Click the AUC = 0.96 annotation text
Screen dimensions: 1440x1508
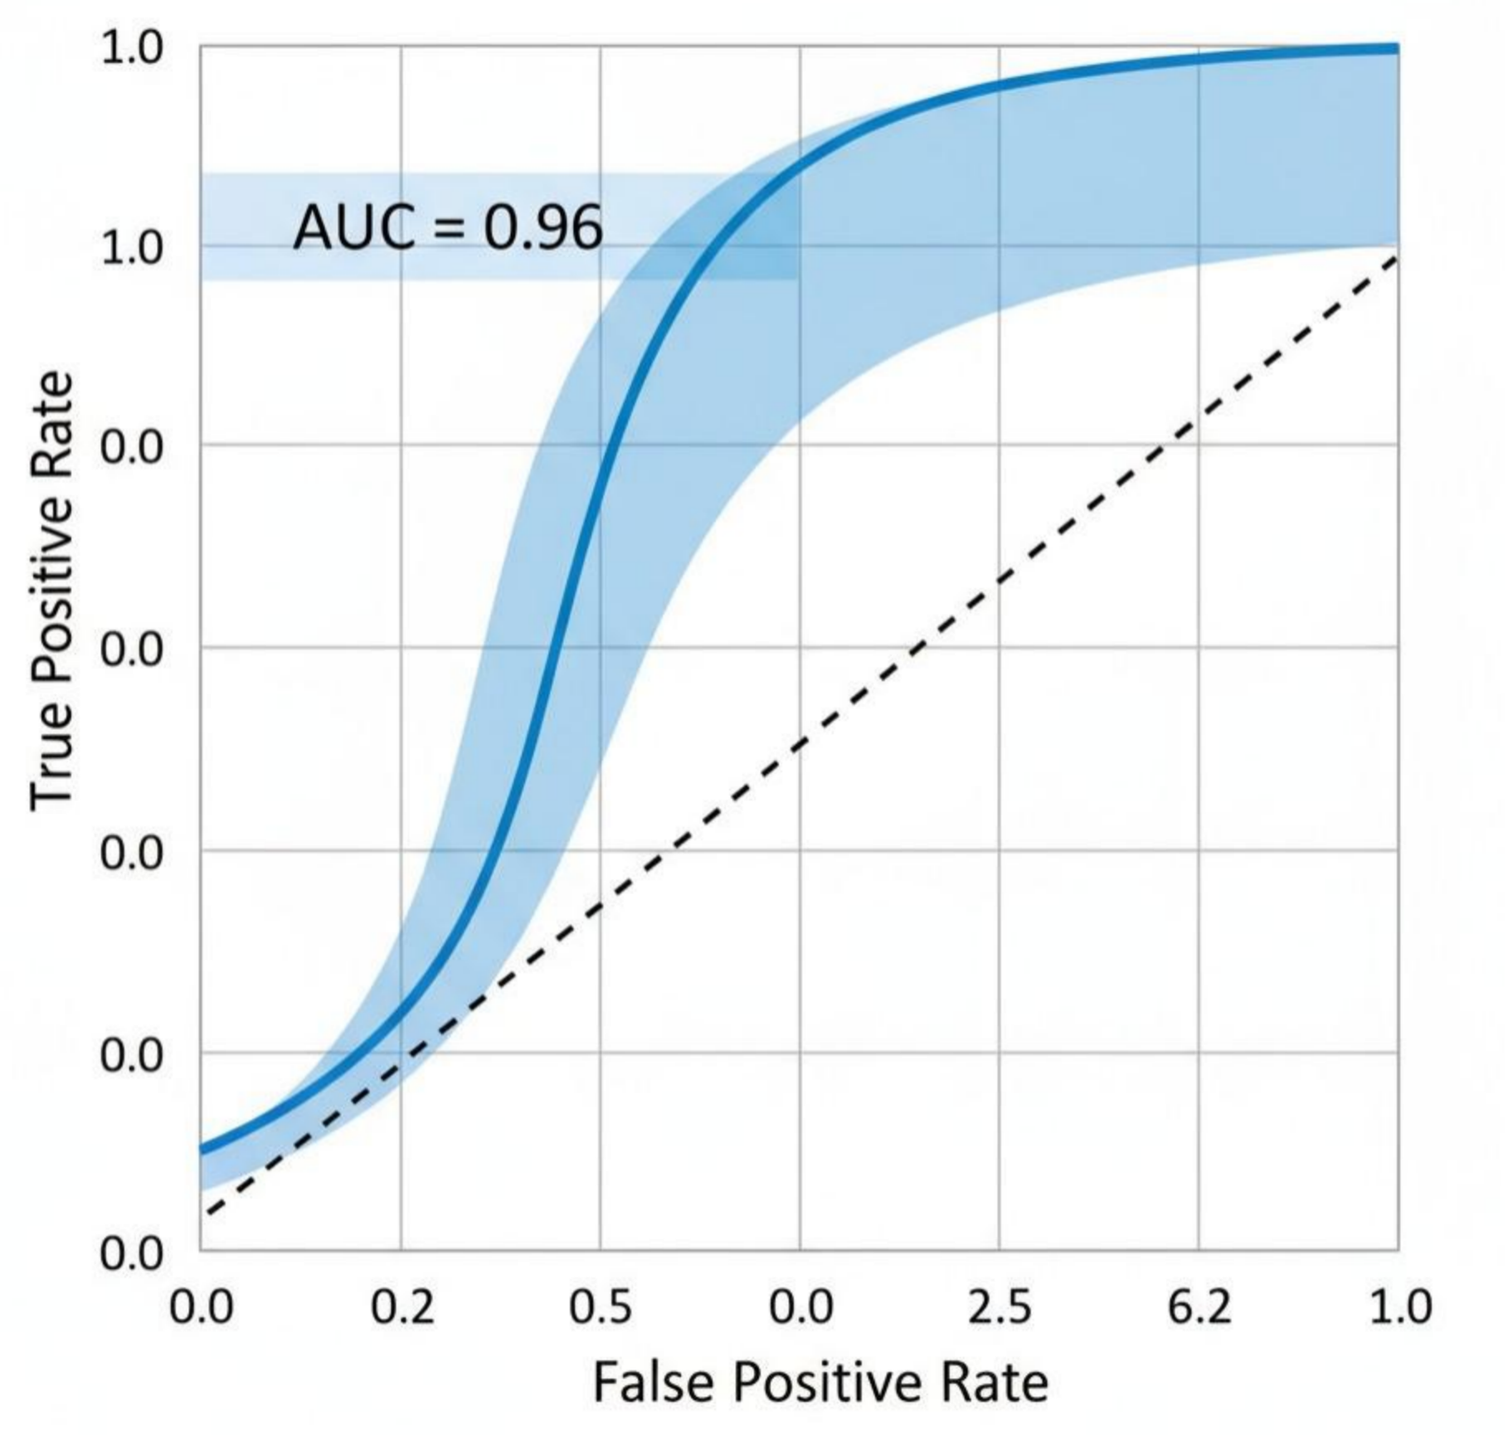point(448,228)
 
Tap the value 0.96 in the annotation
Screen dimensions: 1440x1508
point(543,228)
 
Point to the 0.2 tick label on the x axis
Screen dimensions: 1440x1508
point(401,1308)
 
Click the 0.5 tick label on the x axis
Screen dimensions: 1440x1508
point(601,1308)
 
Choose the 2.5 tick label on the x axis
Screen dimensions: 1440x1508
point(1000,1308)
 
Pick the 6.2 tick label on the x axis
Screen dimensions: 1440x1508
point(1199,1308)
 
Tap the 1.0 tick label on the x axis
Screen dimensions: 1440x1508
point(1399,1308)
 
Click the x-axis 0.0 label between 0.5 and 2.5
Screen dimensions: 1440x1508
point(800,1308)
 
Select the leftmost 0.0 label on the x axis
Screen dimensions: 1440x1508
point(202,1308)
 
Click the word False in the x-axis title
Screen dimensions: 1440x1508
point(653,1383)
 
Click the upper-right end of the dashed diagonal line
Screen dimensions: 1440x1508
point(1397,258)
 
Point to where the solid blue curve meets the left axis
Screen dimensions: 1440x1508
point(202,1151)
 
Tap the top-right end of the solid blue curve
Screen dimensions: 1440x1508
point(1397,49)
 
